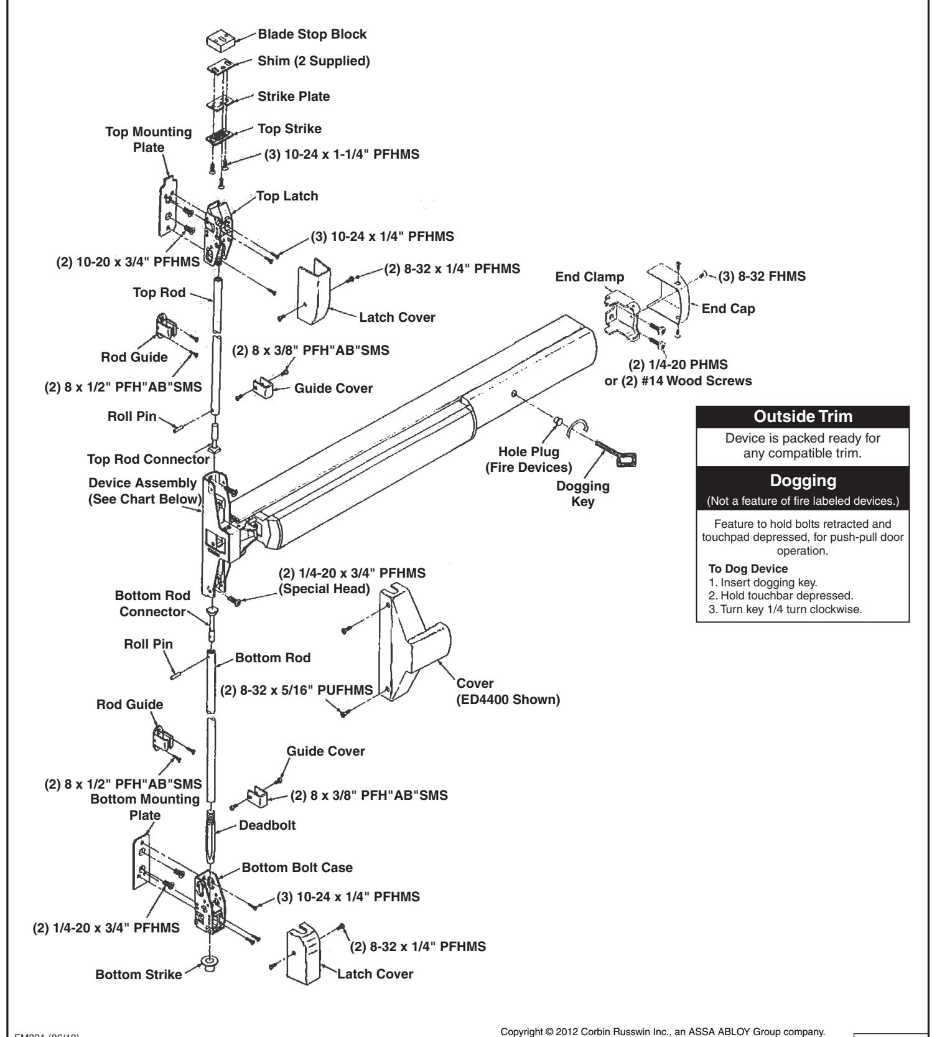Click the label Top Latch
click(287, 196)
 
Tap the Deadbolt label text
click(268, 825)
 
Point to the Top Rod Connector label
click(148, 459)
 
